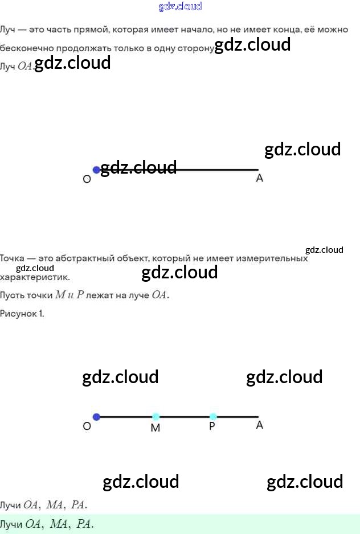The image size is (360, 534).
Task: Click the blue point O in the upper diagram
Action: click(x=96, y=170)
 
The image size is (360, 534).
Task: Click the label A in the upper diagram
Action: click(x=260, y=178)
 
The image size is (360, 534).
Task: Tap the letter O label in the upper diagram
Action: click(x=87, y=179)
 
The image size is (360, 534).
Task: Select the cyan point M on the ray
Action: click(x=156, y=417)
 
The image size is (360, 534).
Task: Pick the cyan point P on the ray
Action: click(x=213, y=417)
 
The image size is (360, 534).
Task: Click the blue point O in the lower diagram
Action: click(x=96, y=417)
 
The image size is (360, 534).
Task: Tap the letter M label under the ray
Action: click(x=155, y=428)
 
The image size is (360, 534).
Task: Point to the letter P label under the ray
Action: click(x=212, y=426)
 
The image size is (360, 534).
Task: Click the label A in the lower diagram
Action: click(x=260, y=425)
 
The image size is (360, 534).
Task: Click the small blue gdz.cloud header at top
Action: click(x=180, y=6)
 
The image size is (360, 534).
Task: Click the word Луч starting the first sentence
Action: click(x=8, y=30)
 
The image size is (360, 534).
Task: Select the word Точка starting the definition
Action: click(x=13, y=258)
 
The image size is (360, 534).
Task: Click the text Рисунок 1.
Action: click(x=22, y=313)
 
